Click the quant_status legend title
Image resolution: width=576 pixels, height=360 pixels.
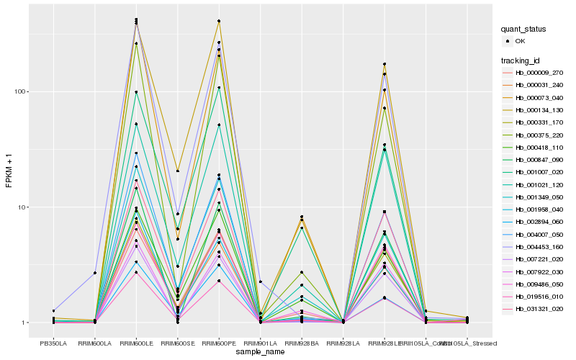coord(524,29)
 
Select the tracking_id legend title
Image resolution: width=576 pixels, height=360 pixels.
coord(522,60)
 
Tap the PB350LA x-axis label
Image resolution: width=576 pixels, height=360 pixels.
coord(53,343)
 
